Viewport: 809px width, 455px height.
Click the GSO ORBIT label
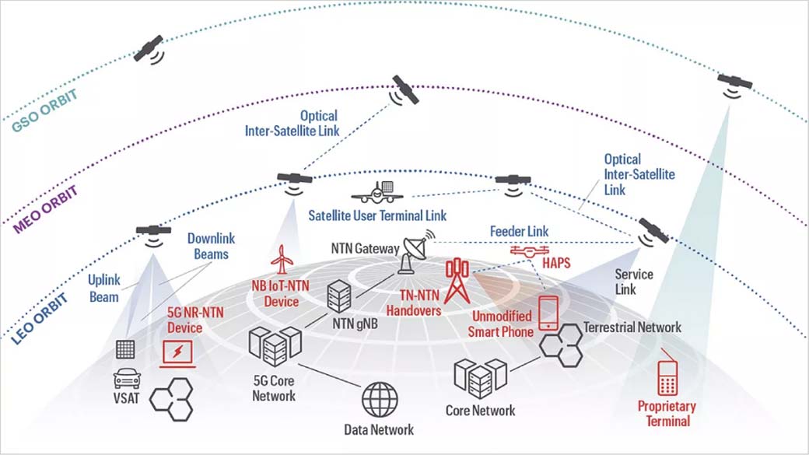pos(42,112)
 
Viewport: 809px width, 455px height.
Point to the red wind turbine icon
pos(281,260)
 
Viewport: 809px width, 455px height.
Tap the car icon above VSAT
pos(127,380)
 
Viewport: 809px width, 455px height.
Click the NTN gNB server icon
pos(339,296)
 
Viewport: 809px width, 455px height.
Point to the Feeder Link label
pos(519,231)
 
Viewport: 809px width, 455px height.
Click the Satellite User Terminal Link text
pos(377,215)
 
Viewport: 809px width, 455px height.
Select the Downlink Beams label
pos(211,247)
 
